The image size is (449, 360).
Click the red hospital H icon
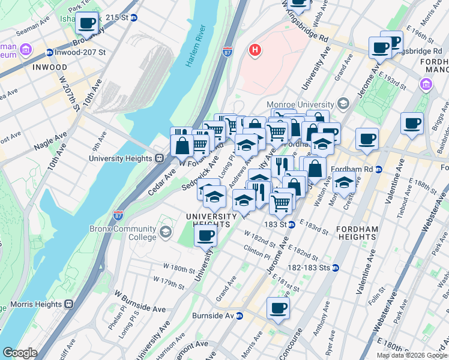pos(255,50)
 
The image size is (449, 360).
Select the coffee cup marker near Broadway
pos(88,23)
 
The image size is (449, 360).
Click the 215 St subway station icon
pos(134,18)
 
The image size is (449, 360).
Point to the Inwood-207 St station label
pos(79,52)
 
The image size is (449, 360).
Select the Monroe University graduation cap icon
pos(343,103)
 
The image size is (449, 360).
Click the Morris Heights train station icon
pos(68,304)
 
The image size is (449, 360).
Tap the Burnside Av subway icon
pos(239,316)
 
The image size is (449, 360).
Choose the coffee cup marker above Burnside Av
pos(278,308)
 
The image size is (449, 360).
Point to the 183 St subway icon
pos(291,224)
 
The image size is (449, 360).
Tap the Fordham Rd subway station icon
pos(379,169)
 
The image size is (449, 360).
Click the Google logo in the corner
pos(20,353)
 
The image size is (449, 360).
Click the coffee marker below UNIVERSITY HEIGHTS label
pos(205,235)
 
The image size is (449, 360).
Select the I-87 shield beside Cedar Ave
pos(118,214)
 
